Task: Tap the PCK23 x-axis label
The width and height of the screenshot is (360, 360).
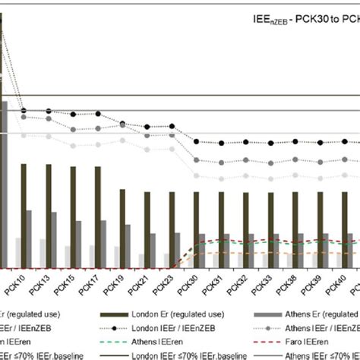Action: [163, 287]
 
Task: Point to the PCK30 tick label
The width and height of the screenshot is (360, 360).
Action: [188, 287]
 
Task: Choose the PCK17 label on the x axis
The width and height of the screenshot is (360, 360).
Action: [91, 287]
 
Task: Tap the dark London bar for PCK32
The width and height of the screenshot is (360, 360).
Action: [245, 229]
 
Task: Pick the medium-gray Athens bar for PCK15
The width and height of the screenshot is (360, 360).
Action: [78, 243]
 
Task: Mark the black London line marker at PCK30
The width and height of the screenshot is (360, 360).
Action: [197, 142]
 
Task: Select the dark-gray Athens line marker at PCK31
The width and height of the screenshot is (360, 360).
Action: [221, 160]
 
